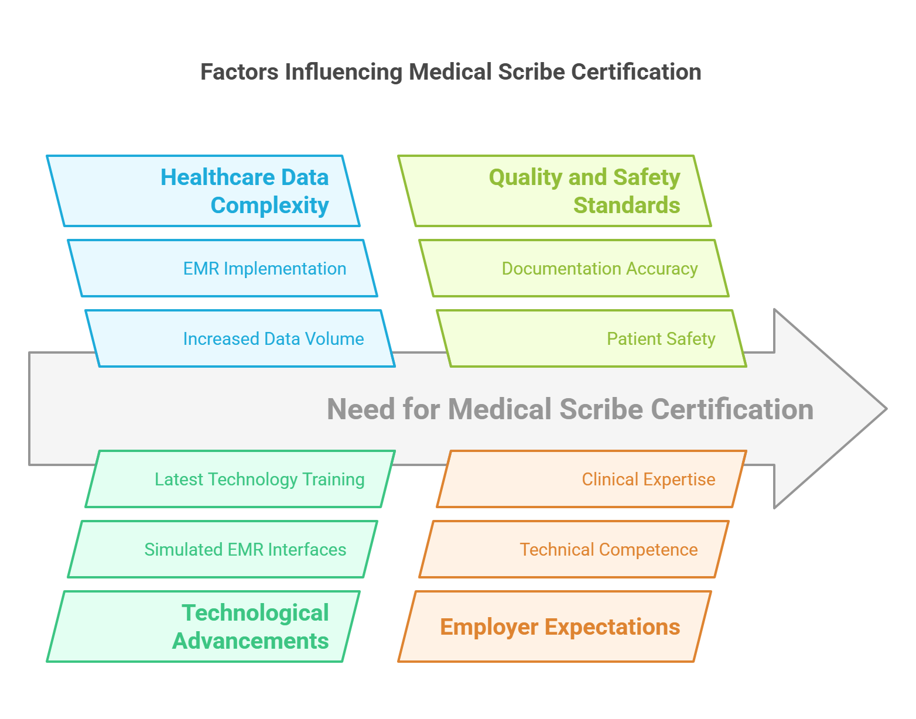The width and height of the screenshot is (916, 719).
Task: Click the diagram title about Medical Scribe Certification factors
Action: point(450,72)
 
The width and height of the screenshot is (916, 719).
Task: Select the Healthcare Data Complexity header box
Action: point(203,191)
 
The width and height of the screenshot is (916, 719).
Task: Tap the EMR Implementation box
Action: point(223,268)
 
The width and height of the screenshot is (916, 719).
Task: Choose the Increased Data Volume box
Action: point(240,338)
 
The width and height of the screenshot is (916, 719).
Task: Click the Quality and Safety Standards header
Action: point(555,191)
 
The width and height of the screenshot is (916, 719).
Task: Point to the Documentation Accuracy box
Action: point(574,268)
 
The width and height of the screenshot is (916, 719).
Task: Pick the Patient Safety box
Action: point(592,338)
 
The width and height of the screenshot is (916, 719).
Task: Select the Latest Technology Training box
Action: point(240,479)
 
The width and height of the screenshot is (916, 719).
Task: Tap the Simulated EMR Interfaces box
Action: point(223,549)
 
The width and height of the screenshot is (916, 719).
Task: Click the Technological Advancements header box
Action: point(203,626)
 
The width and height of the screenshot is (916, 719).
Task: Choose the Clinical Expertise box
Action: point(592,479)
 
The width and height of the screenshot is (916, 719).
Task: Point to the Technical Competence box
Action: point(574,549)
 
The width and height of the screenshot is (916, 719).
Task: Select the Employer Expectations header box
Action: point(555,626)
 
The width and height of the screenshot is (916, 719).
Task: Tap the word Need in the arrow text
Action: point(361,409)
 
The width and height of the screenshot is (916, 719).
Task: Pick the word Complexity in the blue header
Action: point(269,206)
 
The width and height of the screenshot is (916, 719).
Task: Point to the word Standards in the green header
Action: point(627,206)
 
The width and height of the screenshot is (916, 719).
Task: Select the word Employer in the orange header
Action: point(489,626)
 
